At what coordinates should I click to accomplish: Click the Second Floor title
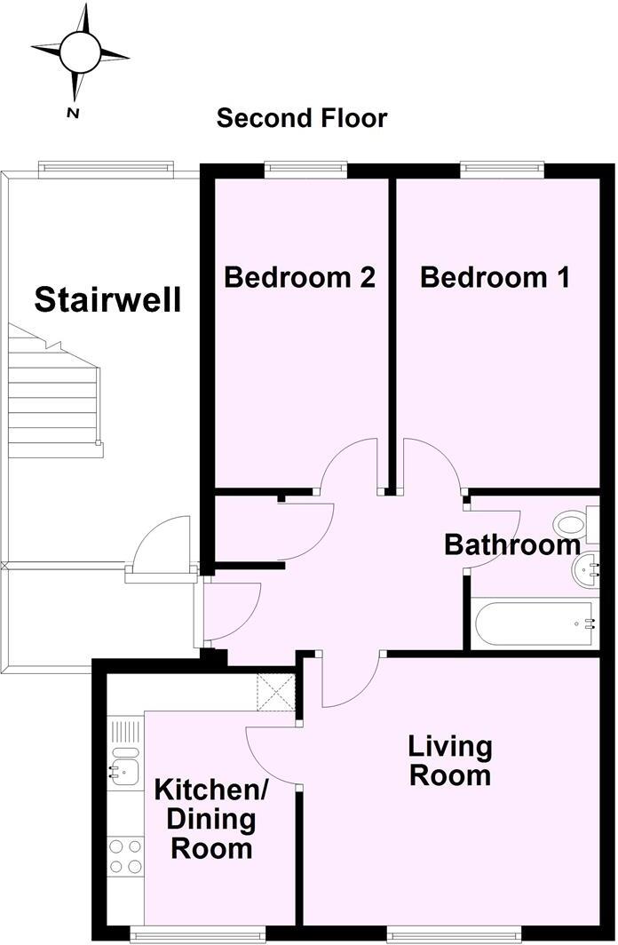tap(302, 117)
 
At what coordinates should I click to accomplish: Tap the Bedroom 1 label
tap(495, 277)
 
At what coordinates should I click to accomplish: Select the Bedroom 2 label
tap(299, 277)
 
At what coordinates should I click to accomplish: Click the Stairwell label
tap(107, 300)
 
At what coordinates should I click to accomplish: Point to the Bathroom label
tap(512, 544)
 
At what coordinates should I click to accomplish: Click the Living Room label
tap(449, 760)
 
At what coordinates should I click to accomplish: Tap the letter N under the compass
tap(74, 113)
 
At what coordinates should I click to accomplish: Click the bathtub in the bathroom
tap(535, 623)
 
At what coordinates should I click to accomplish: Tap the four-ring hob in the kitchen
tap(125, 856)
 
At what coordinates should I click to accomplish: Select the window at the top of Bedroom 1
tap(502, 164)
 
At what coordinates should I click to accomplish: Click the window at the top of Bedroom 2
tap(305, 164)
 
